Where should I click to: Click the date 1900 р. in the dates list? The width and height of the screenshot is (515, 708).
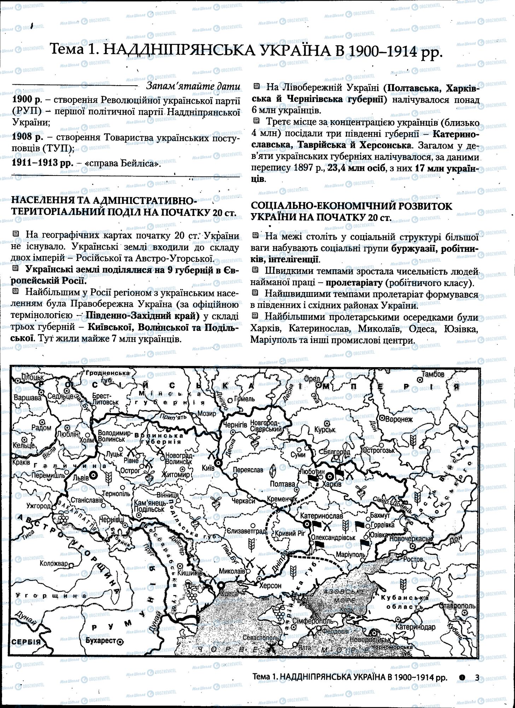(27, 100)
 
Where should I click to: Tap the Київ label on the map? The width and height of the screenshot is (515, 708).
(208, 468)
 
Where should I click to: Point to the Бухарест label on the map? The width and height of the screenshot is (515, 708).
(101, 640)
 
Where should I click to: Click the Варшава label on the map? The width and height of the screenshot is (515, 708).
(28, 398)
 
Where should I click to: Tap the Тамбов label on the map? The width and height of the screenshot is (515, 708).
(433, 374)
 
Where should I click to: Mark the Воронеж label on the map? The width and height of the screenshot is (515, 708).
(399, 419)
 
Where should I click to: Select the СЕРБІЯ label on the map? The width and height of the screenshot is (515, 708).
(26, 642)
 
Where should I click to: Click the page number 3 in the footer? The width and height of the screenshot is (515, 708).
(477, 678)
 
